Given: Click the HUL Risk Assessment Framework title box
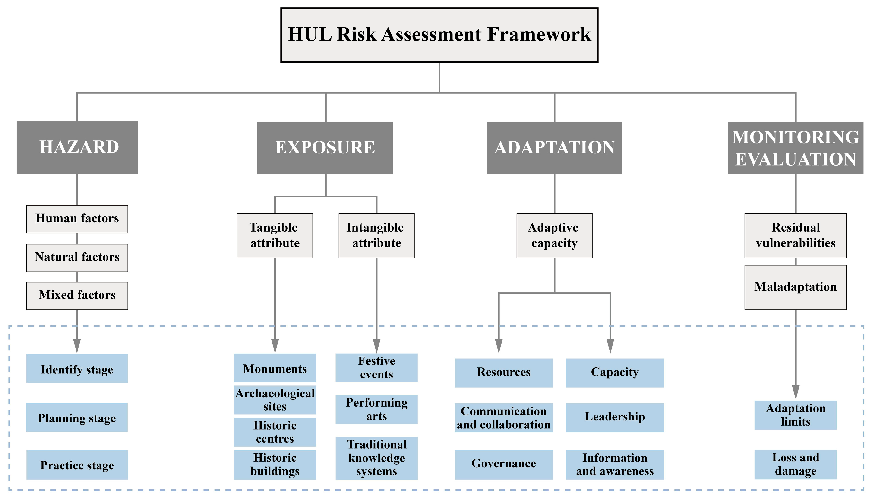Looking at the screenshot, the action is point(439,35).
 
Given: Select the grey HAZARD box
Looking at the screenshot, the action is point(77,147).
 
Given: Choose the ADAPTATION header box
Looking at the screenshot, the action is point(554,148).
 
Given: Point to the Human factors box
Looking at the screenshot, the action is point(77,219).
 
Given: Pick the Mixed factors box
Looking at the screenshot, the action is point(77,296).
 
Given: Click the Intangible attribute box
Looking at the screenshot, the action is point(376,236).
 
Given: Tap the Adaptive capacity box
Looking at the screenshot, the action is point(554,236).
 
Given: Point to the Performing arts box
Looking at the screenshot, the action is point(376,409).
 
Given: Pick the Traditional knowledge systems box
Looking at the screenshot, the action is point(376,458).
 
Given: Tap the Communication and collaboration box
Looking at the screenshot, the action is point(503,417).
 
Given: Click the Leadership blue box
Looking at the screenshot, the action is point(615,417).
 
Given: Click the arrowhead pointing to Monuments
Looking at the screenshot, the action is point(275,346).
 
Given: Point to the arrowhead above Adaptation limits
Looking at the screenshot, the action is point(796,392).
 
